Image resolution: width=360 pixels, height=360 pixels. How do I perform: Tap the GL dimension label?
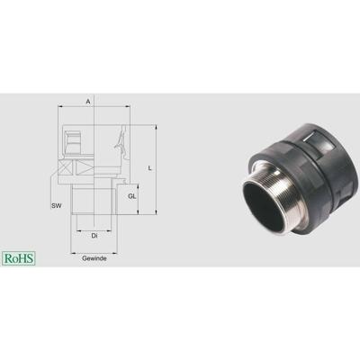coord(131,195)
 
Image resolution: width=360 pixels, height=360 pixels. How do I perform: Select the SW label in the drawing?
coord(56,207)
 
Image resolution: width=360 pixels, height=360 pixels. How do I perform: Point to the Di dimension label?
coord(94,236)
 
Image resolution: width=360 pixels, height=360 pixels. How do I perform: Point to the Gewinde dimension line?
coord(94,249)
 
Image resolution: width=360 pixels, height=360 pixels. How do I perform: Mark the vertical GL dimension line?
coord(139,195)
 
